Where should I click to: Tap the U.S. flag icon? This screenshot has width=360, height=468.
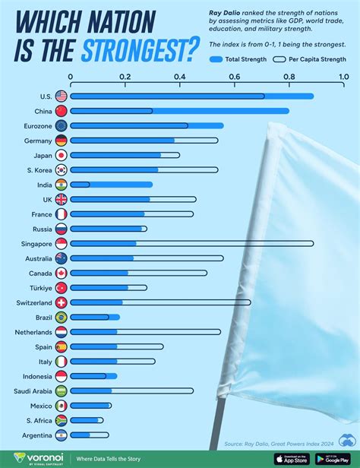coord(61,96)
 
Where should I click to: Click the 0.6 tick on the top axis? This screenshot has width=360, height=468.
coord(234,77)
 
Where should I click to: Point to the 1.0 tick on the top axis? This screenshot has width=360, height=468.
coord(343,77)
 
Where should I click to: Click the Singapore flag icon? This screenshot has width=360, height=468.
coord(61,244)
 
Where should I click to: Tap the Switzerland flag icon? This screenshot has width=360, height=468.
coord(61,302)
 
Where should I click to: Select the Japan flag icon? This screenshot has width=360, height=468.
coord(61,155)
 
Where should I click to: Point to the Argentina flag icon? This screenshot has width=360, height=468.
coord(61,435)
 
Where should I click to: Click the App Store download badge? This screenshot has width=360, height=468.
coord(291,458)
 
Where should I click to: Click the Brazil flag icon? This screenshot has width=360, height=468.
coord(61,317)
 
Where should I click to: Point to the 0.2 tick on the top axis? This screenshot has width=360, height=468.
coord(125,77)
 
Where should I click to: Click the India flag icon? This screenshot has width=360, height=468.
coord(61,185)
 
